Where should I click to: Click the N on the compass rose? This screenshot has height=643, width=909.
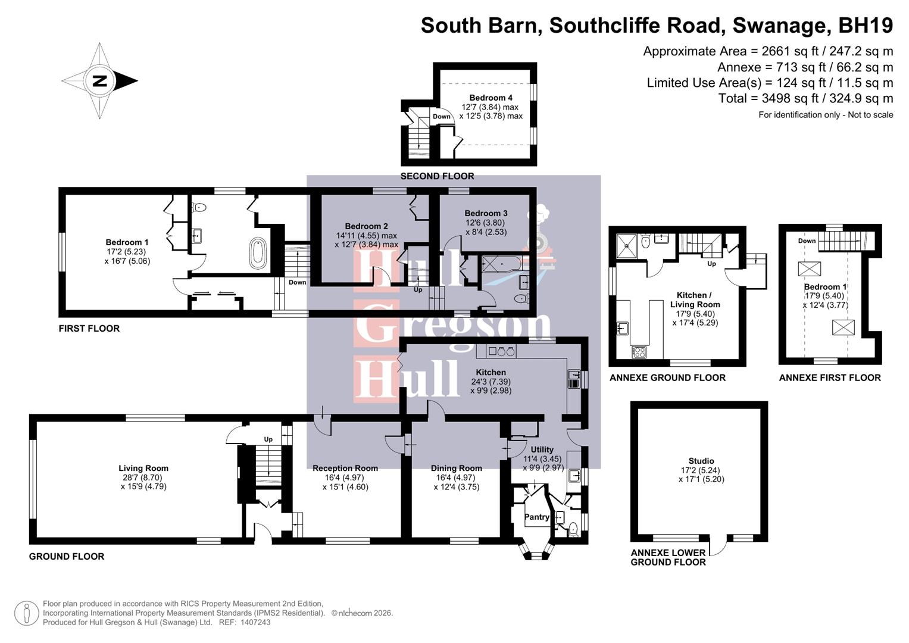pyautogui.click(x=99, y=81)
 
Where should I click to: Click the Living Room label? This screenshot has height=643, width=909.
pyautogui.click(x=143, y=468)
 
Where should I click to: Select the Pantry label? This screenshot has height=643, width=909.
pyautogui.click(x=536, y=517)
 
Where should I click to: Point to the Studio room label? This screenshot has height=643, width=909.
pyautogui.click(x=701, y=461)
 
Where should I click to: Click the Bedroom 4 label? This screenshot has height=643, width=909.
pyautogui.click(x=491, y=98)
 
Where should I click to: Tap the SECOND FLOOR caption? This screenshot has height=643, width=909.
pyautogui.click(x=437, y=176)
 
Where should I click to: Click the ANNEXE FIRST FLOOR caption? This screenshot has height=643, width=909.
pyautogui.click(x=829, y=377)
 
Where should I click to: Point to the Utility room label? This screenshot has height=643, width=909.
pyautogui.click(x=542, y=450)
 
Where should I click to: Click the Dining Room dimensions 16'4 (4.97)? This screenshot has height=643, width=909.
pyautogui.click(x=456, y=477)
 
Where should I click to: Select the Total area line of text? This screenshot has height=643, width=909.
pyautogui.click(x=805, y=98)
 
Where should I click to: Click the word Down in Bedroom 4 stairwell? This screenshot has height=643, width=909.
pyautogui.click(x=442, y=117)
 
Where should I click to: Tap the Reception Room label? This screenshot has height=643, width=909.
pyautogui.click(x=345, y=468)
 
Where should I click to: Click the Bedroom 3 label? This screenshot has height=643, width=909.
pyautogui.click(x=486, y=213)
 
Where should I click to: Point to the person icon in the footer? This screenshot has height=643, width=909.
pyautogui.click(x=26, y=613)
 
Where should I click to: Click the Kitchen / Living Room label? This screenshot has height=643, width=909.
pyautogui.click(x=694, y=299)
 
